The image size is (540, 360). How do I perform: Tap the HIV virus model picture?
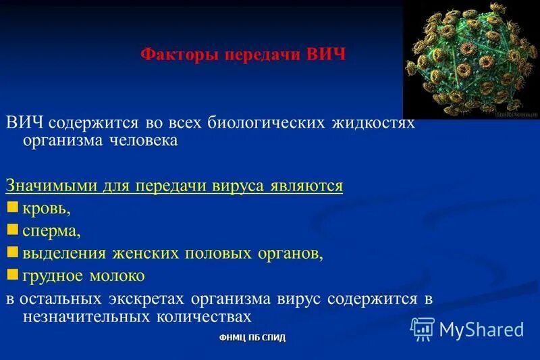[470, 60]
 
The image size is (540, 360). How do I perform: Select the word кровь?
[46, 209]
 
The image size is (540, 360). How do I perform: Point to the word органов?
[288, 253]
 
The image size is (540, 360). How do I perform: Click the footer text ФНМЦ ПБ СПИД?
[252, 338]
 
